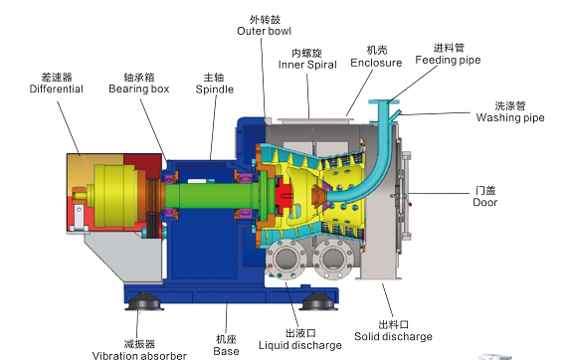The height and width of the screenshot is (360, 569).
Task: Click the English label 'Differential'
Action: (x=57, y=89)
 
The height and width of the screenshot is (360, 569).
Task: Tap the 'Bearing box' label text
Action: (x=139, y=89)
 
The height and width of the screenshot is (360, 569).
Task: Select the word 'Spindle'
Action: (x=215, y=90)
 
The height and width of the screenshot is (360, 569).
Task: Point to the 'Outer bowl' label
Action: (x=265, y=31)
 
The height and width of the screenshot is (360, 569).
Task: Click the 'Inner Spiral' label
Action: (x=307, y=65)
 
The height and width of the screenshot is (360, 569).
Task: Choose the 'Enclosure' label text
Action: (x=376, y=63)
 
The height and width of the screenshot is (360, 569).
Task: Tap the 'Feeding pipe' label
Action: (x=449, y=60)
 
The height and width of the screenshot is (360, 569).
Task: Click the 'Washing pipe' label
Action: (x=510, y=117)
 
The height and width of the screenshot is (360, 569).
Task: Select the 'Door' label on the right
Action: (x=485, y=202)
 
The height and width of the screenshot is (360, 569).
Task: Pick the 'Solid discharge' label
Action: (x=393, y=336)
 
